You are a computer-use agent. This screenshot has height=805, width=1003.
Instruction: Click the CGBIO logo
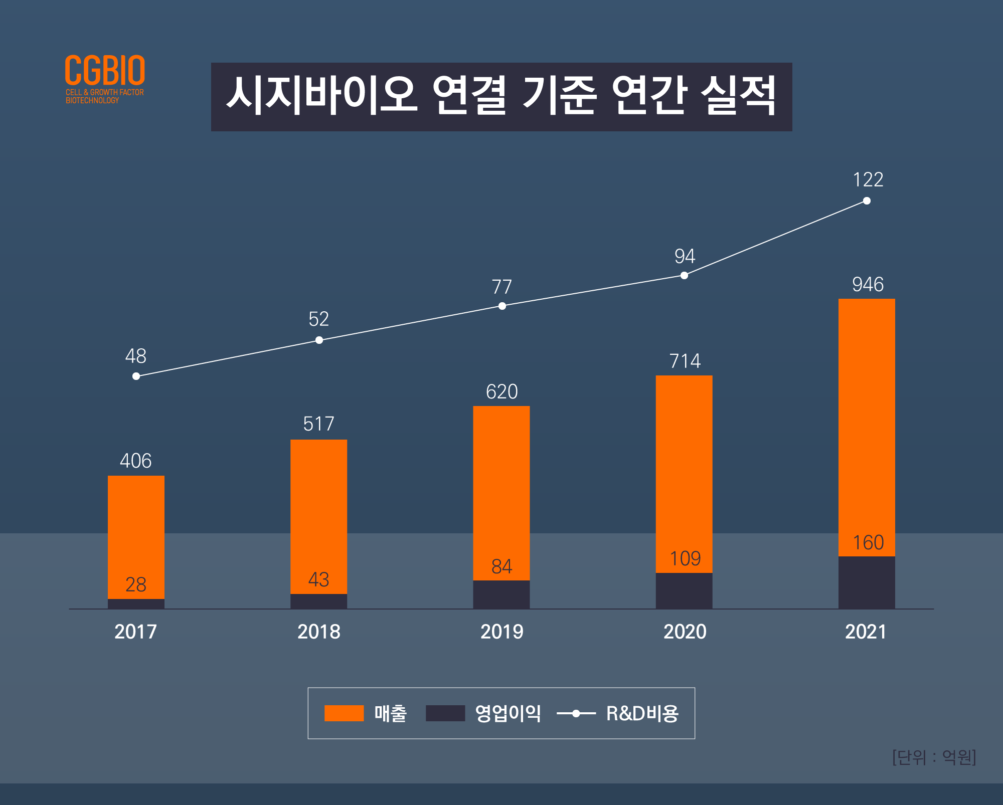coord(105,78)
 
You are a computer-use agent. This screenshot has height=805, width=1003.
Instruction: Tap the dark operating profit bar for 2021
coord(867,582)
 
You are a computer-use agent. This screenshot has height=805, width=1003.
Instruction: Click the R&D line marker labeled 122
coord(867,201)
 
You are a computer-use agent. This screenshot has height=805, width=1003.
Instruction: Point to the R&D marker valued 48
coord(136,376)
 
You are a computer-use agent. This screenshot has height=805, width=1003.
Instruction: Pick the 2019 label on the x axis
coord(501,632)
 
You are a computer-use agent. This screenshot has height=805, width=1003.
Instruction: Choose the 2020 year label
coord(685,632)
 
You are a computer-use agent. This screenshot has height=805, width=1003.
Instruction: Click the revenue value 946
coord(868,285)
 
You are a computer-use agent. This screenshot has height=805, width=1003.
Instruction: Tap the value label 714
coord(685,361)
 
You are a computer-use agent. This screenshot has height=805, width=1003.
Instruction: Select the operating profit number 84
coord(501,567)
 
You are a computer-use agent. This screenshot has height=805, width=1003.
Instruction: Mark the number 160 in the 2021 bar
coord(868,543)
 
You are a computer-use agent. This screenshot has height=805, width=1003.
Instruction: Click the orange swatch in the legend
coord(344,713)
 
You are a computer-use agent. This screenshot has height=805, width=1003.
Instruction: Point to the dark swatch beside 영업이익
coord(445,713)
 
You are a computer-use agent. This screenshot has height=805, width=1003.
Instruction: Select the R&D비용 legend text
coord(642,713)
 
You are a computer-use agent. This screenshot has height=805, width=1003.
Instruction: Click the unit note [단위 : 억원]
coord(934,757)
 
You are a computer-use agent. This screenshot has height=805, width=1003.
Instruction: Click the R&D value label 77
coord(501,287)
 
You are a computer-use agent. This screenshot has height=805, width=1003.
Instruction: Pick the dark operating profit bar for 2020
coord(684,590)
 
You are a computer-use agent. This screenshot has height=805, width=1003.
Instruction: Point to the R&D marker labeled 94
coord(684,275)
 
